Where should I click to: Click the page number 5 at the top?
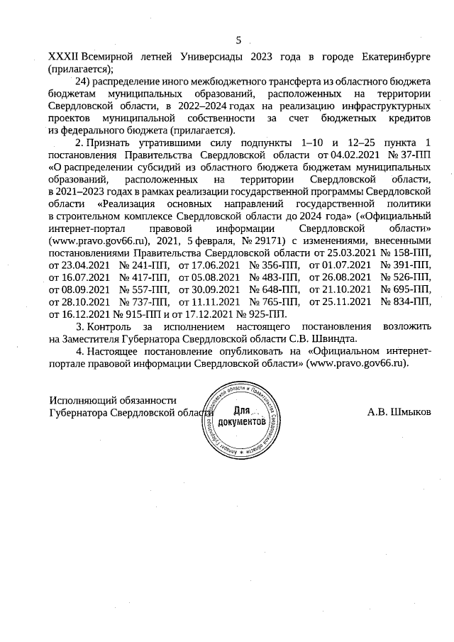(238, 40)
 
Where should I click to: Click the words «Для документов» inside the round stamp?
(243, 416)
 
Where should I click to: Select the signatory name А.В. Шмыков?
(399, 411)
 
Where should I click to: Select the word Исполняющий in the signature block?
(81, 401)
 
